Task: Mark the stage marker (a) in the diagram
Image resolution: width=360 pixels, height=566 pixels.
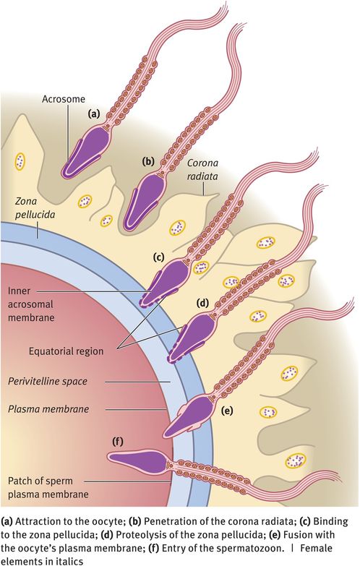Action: [93, 114]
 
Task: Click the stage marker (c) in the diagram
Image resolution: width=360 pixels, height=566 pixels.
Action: [158, 254]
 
